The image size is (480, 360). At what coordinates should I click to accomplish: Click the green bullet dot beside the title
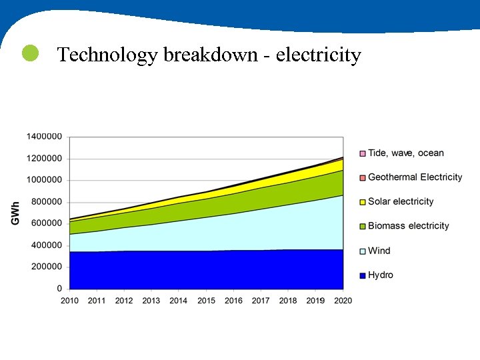(x=30, y=53)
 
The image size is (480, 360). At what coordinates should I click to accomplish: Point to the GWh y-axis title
(x=15, y=213)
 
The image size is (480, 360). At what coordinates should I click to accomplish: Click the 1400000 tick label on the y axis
(x=45, y=136)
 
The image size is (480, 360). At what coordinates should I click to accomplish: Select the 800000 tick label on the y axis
(x=47, y=201)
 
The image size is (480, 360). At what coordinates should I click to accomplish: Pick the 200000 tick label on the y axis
(x=47, y=267)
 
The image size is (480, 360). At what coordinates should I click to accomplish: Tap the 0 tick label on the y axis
(x=59, y=289)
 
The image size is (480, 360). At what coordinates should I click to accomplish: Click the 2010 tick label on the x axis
(x=70, y=301)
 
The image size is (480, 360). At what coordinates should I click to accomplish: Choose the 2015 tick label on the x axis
(x=206, y=301)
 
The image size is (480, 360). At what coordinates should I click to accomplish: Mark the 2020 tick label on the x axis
(x=343, y=301)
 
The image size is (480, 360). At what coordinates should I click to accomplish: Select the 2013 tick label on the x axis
(x=151, y=301)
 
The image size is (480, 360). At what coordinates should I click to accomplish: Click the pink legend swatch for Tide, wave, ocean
(x=363, y=153)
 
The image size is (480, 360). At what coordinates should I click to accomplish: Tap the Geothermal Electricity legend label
(x=415, y=177)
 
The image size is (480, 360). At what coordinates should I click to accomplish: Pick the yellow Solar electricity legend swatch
(x=363, y=202)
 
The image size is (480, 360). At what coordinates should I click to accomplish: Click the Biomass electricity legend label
(x=408, y=226)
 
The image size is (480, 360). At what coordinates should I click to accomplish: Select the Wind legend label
(x=379, y=251)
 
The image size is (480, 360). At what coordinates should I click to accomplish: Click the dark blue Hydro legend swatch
(x=363, y=275)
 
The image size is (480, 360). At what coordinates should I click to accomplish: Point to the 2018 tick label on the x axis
(x=288, y=301)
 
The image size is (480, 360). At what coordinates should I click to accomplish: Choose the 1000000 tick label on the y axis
(x=45, y=180)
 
